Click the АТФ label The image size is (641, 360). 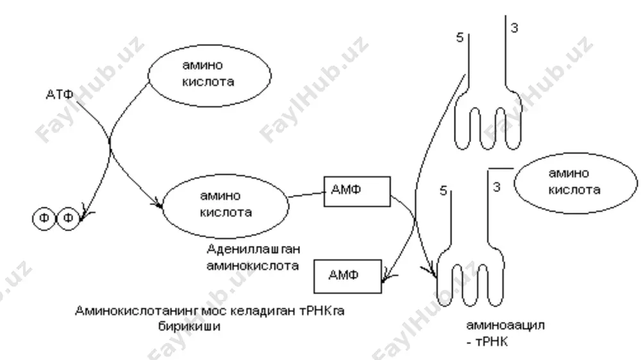(x=60, y=95)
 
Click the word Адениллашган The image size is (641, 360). (x=253, y=249)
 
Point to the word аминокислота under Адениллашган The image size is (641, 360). (x=253, y=266)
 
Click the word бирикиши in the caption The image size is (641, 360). (x=190, y=327)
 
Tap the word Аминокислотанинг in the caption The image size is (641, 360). (x=137, y=311)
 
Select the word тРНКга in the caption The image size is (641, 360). (x=322, y=311)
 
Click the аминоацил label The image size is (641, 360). (x=505, y=325)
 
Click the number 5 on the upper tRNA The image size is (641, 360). (x=460, y=38)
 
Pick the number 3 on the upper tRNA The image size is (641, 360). (x=514, y=28)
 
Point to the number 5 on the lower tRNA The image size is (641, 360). (x=443, y=191)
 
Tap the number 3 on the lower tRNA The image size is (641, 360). (x=497, y=187)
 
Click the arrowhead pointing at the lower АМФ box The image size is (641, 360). (x=386, y=279)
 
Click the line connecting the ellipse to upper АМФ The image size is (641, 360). (x=306, y=195)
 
